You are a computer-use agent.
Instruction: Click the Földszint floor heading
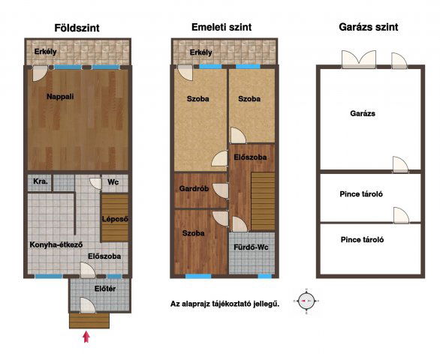[77, 28]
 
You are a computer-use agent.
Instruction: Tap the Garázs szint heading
[369, 27]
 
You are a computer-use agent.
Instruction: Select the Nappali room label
[60, 97]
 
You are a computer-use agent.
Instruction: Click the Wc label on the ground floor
[113, 182]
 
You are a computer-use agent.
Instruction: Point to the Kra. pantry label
[41, 181]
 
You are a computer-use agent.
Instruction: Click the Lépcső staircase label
[115, 219]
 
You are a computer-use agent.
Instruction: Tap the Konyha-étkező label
[56, 244]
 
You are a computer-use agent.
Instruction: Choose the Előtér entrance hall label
[105, 289]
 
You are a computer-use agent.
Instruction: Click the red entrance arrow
[86, 337]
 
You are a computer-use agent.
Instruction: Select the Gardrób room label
[194, 189]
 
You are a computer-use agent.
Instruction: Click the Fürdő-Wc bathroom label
[251, 247]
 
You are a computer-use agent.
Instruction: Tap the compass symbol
[306, 301]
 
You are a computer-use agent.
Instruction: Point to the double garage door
[359, 59]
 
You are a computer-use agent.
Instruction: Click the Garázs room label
[363, 113]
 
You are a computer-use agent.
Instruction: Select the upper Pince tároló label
[361, 194]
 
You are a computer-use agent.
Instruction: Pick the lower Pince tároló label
[362, 240]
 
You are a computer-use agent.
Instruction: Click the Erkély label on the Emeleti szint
[201, 52]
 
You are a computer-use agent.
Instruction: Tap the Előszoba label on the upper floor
[250, 157]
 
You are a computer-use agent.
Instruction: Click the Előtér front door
[88, 305]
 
